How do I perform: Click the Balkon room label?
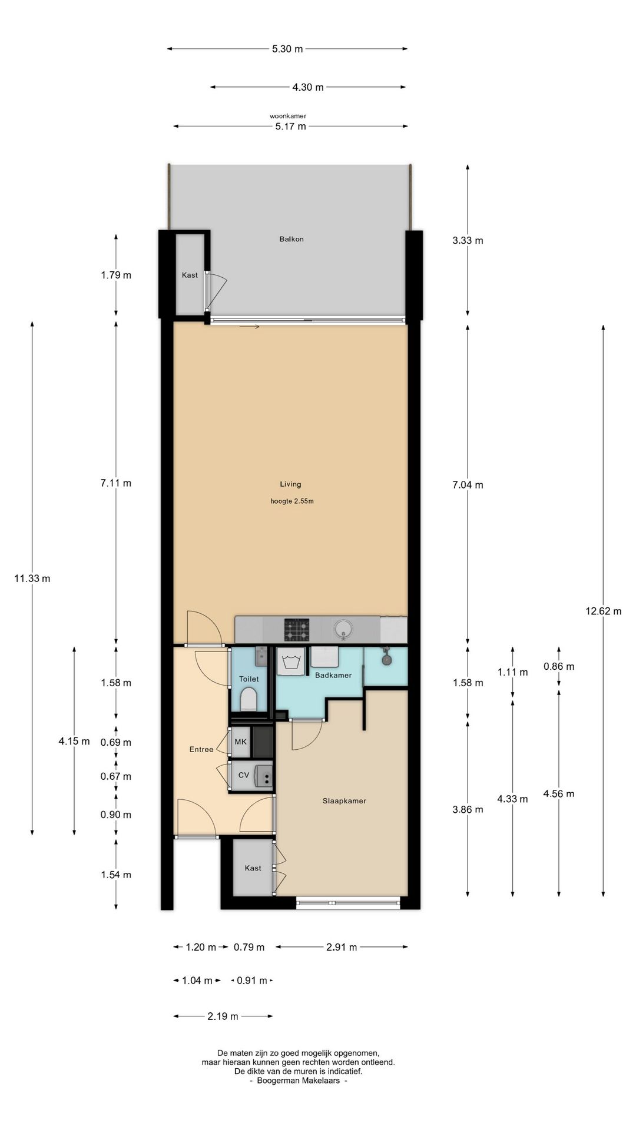pyautogui.click(x=291, y=239)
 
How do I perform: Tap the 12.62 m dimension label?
pyautogui.click(x=603, y=611)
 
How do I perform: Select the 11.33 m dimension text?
pyautogui.click(x=32, y=579)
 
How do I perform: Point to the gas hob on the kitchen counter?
pyautogui.click(x=297, y=629)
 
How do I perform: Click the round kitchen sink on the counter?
pyautogui.click(x=343, y=629)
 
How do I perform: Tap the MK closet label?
pyautogui.click(x=241, y=742)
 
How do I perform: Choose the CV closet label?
pyautogui.click(x=244, y=775)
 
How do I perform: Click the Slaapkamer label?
pyautogui.click(x=344, y=800)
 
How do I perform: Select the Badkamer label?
pyautogui.click(x=333, y=675)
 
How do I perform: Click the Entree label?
pyautogui.click(x=201, y=749)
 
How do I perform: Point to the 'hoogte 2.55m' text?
pyautogui.click(x=292, y=501)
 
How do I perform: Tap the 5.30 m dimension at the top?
pyautogui.click(x=287, y=49)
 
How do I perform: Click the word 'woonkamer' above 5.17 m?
pyautogui.click(x=288, y=116)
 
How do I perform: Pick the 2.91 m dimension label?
pyautogui.click(x=342, y=947)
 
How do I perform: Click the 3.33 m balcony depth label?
pyautogui.click(x=468, y=240)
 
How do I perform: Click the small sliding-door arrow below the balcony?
pyautogui.click(x=250, y=327)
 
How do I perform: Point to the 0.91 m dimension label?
pyautogui.click(x=252, y=981)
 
